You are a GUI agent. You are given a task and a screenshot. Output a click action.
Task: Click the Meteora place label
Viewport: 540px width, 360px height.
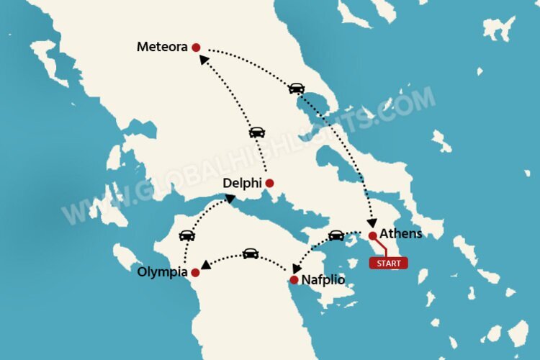[x=163, y=48]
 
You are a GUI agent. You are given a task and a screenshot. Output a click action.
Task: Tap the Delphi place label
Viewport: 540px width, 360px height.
[x=241, y=184]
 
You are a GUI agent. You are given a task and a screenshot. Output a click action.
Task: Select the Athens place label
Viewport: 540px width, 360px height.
[x=401, y=233]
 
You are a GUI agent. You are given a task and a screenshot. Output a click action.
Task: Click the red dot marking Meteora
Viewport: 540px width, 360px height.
[x=196, y=48]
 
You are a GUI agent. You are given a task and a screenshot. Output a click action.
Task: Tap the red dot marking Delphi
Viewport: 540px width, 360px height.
[x=269, y=183]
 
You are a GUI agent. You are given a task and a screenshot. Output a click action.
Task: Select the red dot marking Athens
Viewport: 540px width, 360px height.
[x=372, y=235]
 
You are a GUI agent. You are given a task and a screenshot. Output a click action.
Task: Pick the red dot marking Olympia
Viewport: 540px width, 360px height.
[x=195, y=272]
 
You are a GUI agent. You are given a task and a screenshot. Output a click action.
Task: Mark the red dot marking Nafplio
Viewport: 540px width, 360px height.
[x=294, y=279]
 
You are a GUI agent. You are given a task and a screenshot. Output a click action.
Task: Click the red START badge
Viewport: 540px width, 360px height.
[x=389, y=263]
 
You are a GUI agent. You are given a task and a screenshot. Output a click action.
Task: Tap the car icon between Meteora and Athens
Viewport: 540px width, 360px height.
[x=296, y=88]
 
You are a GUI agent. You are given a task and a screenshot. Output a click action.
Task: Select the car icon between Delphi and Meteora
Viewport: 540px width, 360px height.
[x=257, y=132]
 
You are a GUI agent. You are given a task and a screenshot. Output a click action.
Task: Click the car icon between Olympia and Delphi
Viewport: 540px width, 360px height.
[x=186, y=235]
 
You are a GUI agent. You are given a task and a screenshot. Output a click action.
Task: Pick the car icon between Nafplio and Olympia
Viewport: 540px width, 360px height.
[x=250, y=253]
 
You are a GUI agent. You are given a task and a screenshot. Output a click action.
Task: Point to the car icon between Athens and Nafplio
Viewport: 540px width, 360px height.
[x=336, y=235]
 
